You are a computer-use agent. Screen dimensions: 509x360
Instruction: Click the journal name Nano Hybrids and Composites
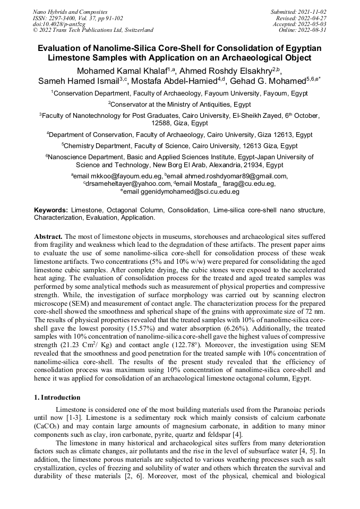tap(70, 12)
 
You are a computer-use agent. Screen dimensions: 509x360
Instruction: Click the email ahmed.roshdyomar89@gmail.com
tap(235, 176)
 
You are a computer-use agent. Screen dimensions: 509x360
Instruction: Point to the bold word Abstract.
tap(48, 235)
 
